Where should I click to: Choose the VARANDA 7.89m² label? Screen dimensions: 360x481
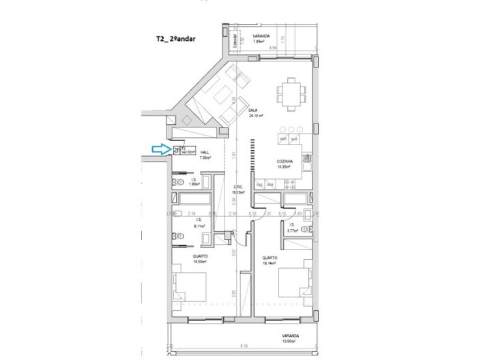[x=259, y=38]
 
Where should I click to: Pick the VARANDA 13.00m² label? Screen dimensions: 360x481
[x=292, y=338]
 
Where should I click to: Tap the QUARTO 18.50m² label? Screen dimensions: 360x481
[x=200, y=259]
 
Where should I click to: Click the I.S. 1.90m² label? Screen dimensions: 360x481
[x=194, y=182]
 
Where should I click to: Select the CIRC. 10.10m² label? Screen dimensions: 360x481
[x=239, y=190]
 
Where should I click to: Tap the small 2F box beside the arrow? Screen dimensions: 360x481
[x=177, y=150]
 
